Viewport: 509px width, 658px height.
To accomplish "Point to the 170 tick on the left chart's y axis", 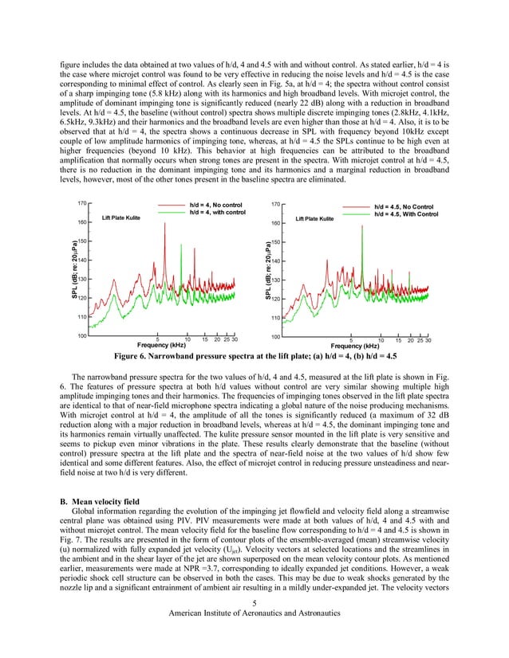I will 81,204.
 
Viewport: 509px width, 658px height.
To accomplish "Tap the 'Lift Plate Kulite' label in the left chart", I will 123,217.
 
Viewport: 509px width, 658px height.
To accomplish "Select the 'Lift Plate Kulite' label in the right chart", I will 314,218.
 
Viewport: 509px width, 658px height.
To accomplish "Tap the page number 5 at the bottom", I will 254,602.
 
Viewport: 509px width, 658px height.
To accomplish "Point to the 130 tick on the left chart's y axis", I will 81,280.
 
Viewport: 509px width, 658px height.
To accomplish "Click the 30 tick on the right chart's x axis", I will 428,340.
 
